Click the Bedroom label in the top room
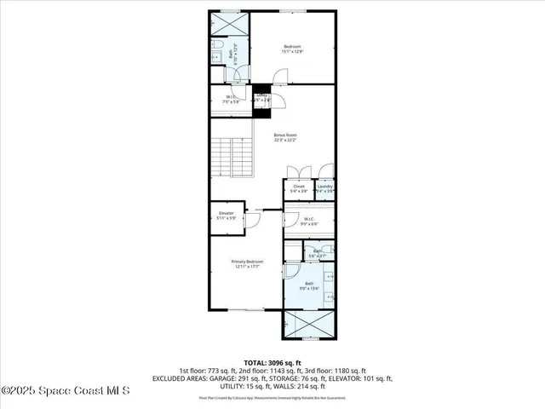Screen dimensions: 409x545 pos(292,49)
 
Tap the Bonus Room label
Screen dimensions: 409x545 pos(284,137)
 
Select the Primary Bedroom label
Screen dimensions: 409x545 pos(248,263)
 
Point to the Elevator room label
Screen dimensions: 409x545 pos(227,215)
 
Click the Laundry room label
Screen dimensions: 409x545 pos(324,188)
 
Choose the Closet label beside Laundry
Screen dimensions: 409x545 pos(299,188)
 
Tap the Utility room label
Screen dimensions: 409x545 pos(263,98)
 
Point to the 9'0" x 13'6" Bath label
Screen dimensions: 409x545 pos(308,285)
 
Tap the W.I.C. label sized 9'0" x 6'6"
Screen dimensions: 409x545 pos(309,221)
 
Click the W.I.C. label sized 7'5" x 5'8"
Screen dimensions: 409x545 pos(228,99)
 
